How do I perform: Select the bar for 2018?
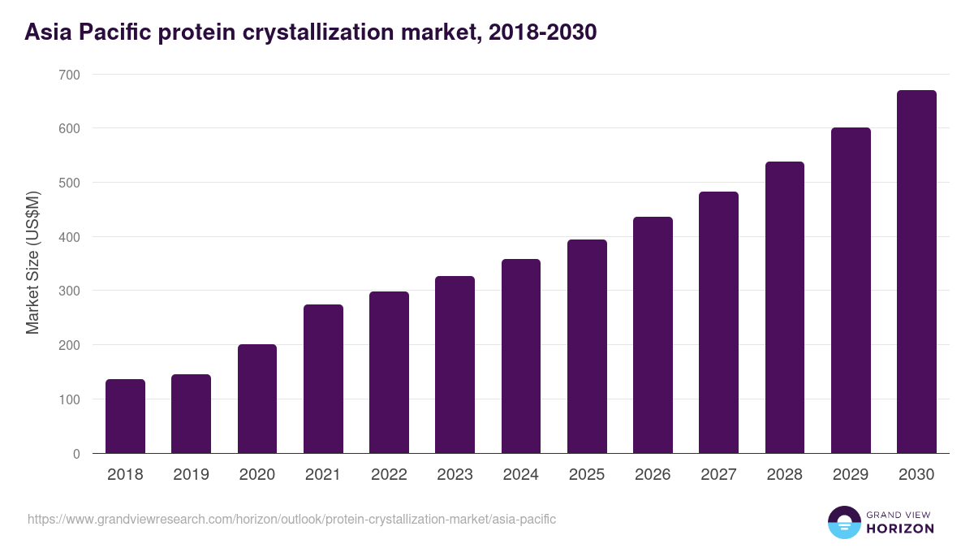[125, 416]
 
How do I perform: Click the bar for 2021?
[323, 379]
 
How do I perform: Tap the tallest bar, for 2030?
[916, 272]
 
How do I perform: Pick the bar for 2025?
[587, 347]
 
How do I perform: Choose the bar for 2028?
[785, 308]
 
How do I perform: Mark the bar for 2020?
[257, 399]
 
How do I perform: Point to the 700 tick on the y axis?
[70, 75]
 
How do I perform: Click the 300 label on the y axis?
[70, 291]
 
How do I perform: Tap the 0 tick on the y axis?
[76, 454]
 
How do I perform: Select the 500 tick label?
[70, 183]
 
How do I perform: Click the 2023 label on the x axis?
[455, 475]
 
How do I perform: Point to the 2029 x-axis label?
[851, 475]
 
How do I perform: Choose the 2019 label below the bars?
[191, 475]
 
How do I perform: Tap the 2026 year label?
[653, 475]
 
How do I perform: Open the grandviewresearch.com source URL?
[291, 519]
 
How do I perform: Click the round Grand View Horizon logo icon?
[844, 522]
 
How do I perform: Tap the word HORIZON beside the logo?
[900, 529]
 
